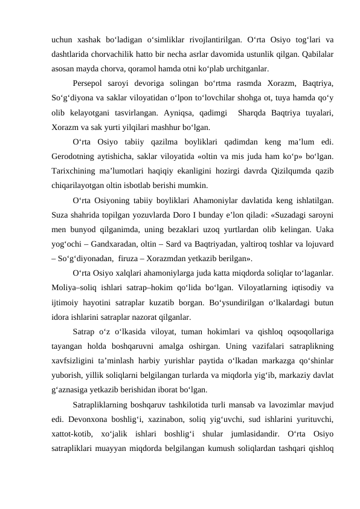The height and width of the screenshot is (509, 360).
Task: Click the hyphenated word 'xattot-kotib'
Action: click(x=71, y=433)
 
